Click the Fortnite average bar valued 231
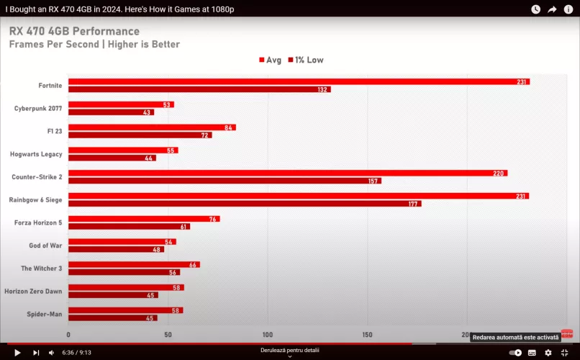point(299,82)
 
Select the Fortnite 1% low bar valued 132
point(199,90)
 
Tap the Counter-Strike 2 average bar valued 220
point(288,174)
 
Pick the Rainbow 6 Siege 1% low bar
point(245,204)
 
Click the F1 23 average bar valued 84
point(152,127)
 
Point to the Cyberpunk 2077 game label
point(38,109)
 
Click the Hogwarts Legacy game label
point(36,154)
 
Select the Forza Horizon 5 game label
point(38,222)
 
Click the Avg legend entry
point(271,60)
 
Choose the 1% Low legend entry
point(306,60)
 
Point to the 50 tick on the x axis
point(168,335)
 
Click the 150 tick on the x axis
point(368,335)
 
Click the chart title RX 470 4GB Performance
point(74,32)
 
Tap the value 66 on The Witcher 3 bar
point(193,265)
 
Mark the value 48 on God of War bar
point(157,250)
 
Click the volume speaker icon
point(51,353)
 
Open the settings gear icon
point(548,353)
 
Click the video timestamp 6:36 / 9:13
point(76,353)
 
